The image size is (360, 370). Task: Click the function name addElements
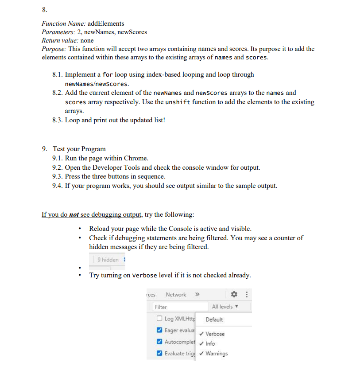coord(106,23)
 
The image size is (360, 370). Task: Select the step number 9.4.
coord(58,186)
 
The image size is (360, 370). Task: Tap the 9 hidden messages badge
coord(108,260)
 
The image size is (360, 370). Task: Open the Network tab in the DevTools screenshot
coord(176,295)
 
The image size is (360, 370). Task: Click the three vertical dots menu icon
coord(247,295)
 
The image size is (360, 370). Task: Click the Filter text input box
coord(179,307)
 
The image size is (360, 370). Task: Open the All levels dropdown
coord(225,307)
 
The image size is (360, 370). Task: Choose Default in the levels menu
coord(214,319)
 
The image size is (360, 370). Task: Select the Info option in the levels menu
coord(210,343)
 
